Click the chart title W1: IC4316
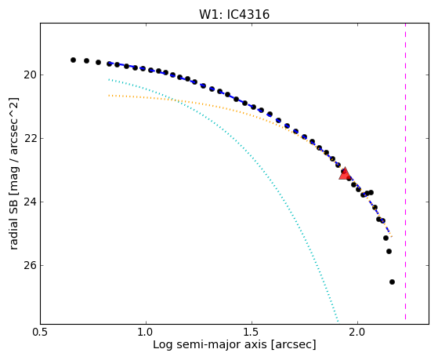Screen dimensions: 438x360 [x=234, y=14]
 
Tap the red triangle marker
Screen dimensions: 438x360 [x=345, y=173]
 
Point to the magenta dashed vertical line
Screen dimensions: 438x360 [x=405, y=171]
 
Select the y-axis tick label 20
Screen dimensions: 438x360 [x=30, y=75]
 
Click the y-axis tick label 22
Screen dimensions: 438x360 [x=30, y=139]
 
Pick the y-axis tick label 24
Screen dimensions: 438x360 [x=30, y=202]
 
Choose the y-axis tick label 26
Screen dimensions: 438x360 [x=30, y=265]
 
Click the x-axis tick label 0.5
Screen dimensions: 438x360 [x=41, y=332]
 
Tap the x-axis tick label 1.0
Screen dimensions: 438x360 [x=146, y=332]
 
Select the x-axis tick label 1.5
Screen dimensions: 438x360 [x=252, y=332]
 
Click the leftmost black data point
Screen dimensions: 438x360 [x=73, y=60]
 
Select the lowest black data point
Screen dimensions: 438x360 [x=392, y=282]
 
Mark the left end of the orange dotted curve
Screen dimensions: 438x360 [x=109, y=96]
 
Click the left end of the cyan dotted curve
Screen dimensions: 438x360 [x=109, y=79]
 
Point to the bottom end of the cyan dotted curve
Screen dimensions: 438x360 [x=338, y=321]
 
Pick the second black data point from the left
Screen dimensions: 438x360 [x=87, y=60]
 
